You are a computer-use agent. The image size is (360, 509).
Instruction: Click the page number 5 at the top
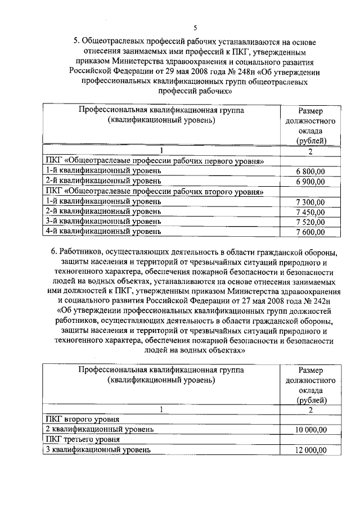tap(195, 28)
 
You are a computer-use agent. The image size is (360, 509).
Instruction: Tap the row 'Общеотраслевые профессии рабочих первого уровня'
tap(155, 160)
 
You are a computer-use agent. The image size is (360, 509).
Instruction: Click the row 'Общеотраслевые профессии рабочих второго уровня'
tap(155, 191)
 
